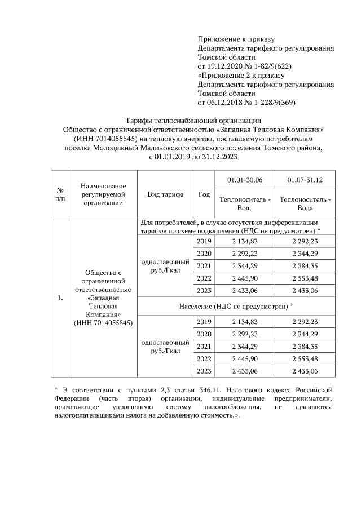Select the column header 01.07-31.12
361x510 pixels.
[x=305, y=180]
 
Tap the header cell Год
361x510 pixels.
[x=204, y=194]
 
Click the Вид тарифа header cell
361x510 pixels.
[x=165, y=194]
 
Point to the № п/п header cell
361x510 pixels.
[x=59, y=194]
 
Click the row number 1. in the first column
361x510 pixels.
[x=59, y=298]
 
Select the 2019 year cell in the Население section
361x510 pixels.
[x=204, y=321]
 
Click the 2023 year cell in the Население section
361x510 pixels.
[x=204, y=371]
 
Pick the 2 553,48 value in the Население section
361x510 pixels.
[x=305, y=358]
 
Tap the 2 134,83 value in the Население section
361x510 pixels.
[x=244, y=321]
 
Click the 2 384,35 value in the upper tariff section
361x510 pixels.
[x=305, y=266]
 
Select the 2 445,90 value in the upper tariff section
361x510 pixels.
[x=244, y=278]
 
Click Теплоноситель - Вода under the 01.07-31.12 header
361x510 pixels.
[x=305, y=203]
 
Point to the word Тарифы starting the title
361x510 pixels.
[x=138, y=119]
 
